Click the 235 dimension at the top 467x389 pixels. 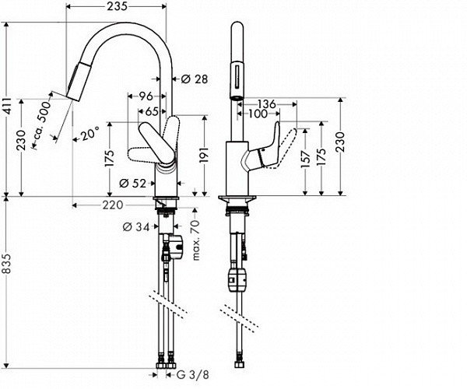(x=118, y=6)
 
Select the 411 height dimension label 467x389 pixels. (x=8, y=106)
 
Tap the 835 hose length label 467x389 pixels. (x=7, y=264)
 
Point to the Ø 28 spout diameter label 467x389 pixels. (x=195, y=79)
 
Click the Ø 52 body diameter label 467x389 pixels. (x=133, y=184)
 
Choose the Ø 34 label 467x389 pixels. (x=136, y=227)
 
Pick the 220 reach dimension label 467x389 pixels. (x=113, y=205)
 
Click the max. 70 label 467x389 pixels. (x=196, y=240)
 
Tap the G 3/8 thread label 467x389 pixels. (x=193, y=375)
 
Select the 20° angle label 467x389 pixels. (x=90, y=135)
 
